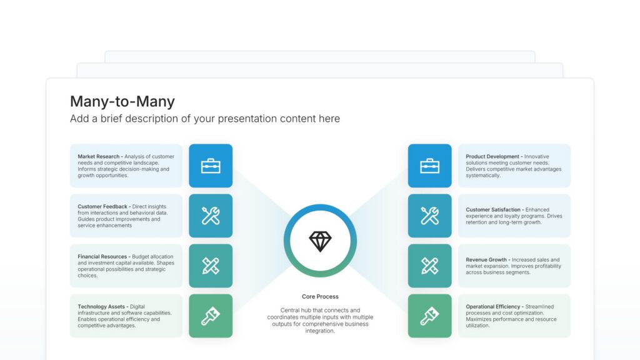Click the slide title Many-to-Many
tap(122, 101)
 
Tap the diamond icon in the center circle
tap(320, 241)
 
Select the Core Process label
tap(320, 296)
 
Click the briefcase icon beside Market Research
tap(211, 166)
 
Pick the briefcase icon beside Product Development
tap(429, 166)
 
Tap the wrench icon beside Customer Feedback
tap(211, 216)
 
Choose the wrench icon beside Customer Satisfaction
tap(429, 216)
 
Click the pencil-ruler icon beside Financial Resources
tap(211, 266)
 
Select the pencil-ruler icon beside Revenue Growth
tap(429, 266)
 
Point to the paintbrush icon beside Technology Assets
tap(211, 316)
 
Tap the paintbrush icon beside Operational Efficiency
tap(429, 316)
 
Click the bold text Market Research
tap(99, 156)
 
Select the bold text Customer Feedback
tap(102, 206)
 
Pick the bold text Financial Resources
tap(102, 256)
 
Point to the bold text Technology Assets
tap(102, 307)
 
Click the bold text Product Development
tap(492, 156)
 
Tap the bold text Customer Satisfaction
tap(493, 210)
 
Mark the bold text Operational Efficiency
tap(493, 307)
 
